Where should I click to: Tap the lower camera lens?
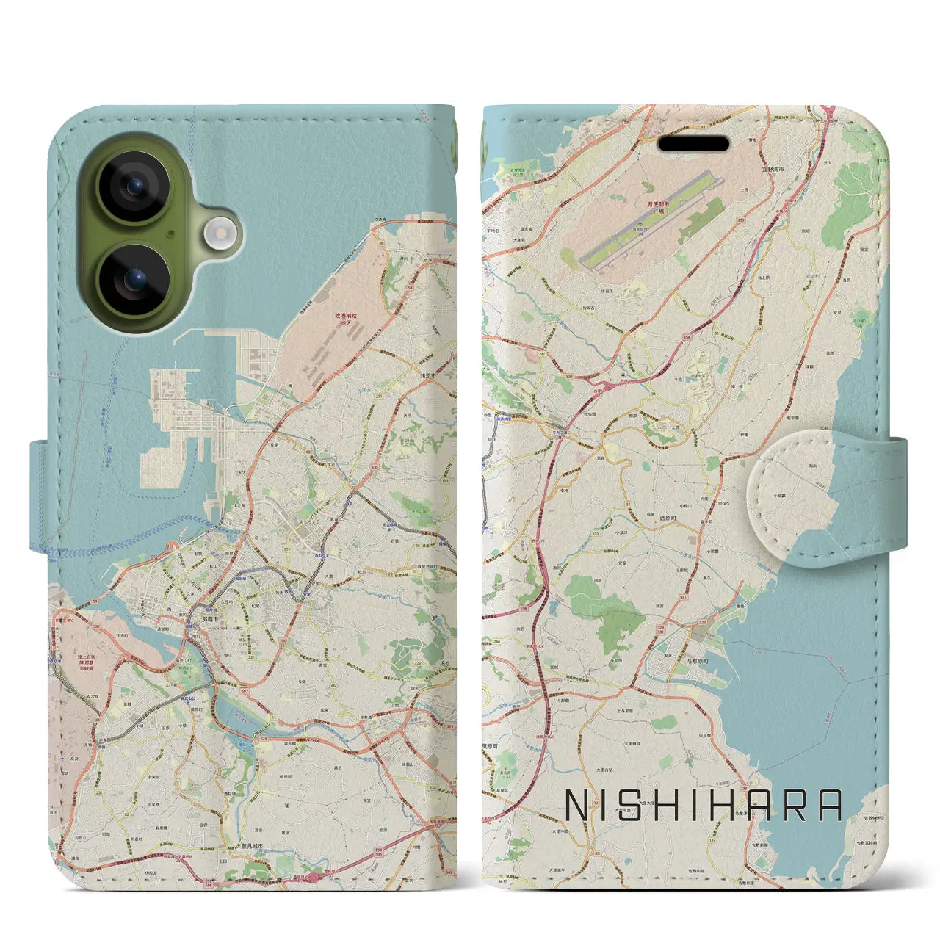tap(134, 280)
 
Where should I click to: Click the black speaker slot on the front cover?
tap(693, 144)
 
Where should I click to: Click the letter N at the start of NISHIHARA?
tap(577, 806)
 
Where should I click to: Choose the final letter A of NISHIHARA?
tap(831, 806)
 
